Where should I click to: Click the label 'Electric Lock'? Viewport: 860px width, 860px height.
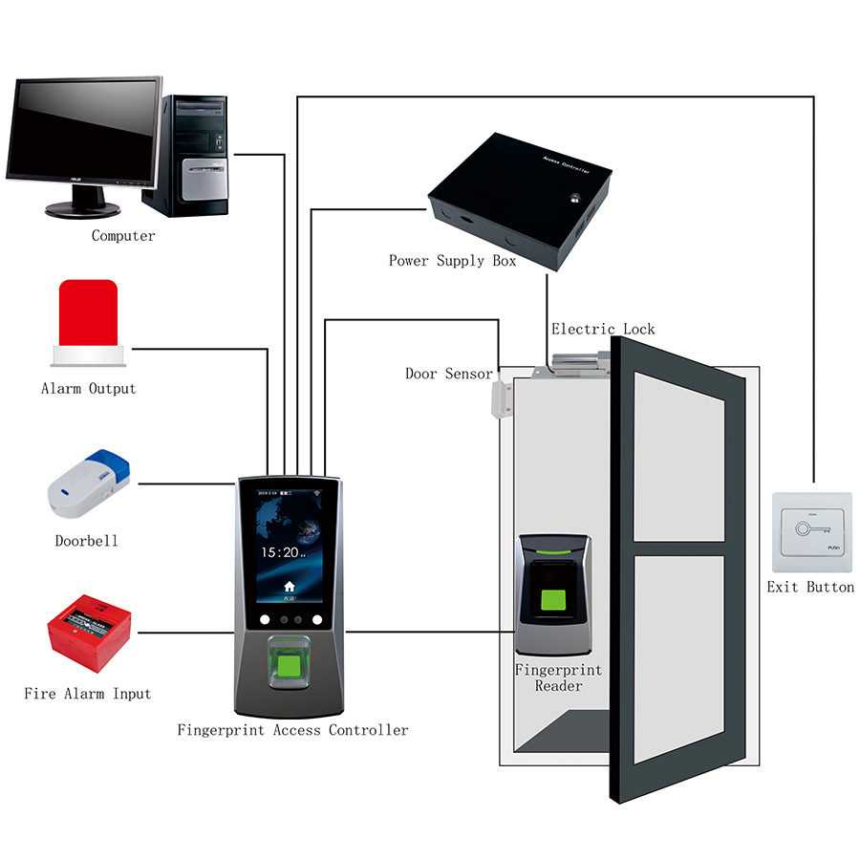603,330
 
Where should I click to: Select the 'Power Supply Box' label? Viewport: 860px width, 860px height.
452,261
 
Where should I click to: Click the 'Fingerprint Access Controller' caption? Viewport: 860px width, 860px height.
292,731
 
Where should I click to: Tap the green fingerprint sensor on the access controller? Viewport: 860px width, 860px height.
287,660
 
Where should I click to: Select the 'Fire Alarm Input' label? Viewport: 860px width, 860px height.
88,694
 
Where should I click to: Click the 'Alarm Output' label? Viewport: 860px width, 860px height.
88,389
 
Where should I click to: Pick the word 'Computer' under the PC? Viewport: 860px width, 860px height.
123,236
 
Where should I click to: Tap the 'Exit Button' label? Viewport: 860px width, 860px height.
810,587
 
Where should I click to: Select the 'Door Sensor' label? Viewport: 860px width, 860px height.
449,374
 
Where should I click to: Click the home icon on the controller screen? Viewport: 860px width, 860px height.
290,585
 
